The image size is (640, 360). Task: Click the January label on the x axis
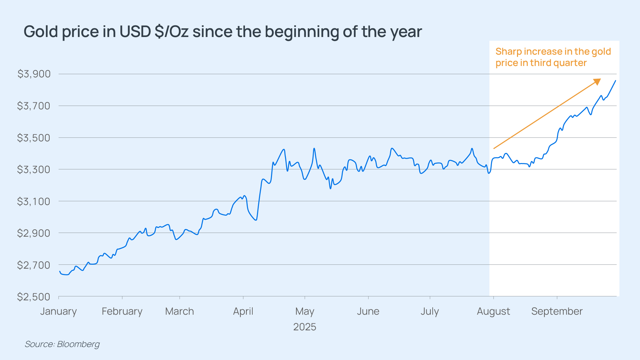[59, 311]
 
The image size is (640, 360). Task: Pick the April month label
[243, 311]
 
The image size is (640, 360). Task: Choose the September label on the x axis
[557, 311]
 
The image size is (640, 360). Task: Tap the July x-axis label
[430, 311]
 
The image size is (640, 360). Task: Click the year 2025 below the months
[305, 327]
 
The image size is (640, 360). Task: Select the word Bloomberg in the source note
[78, 344]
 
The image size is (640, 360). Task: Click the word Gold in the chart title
[41, 32]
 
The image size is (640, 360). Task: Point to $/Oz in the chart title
[172, 32]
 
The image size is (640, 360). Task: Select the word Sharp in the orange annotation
[509, 52]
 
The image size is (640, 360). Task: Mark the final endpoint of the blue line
[615, 81]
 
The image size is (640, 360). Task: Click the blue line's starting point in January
[60, 271]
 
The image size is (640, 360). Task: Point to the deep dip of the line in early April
[256, 220]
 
